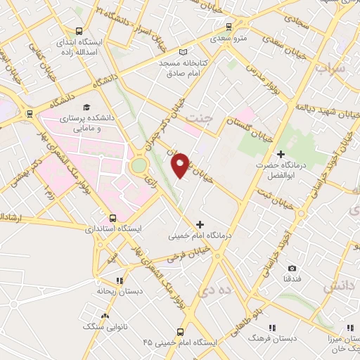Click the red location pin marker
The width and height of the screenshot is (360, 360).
pos(181,165)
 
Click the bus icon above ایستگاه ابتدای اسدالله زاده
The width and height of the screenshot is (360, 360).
pos(79,31)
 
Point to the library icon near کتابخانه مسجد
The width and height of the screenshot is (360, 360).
pos(184,52)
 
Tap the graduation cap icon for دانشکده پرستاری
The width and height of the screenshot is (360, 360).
pos(86,108)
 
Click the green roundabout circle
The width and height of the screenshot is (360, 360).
pos(139,167)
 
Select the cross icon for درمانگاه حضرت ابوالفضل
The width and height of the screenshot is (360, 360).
pos(281,153)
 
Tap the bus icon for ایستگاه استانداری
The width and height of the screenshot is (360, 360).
pos(114,218)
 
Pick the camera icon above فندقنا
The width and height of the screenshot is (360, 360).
pos(292,268)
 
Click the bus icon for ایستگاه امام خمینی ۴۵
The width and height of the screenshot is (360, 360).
pos(181,331)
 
